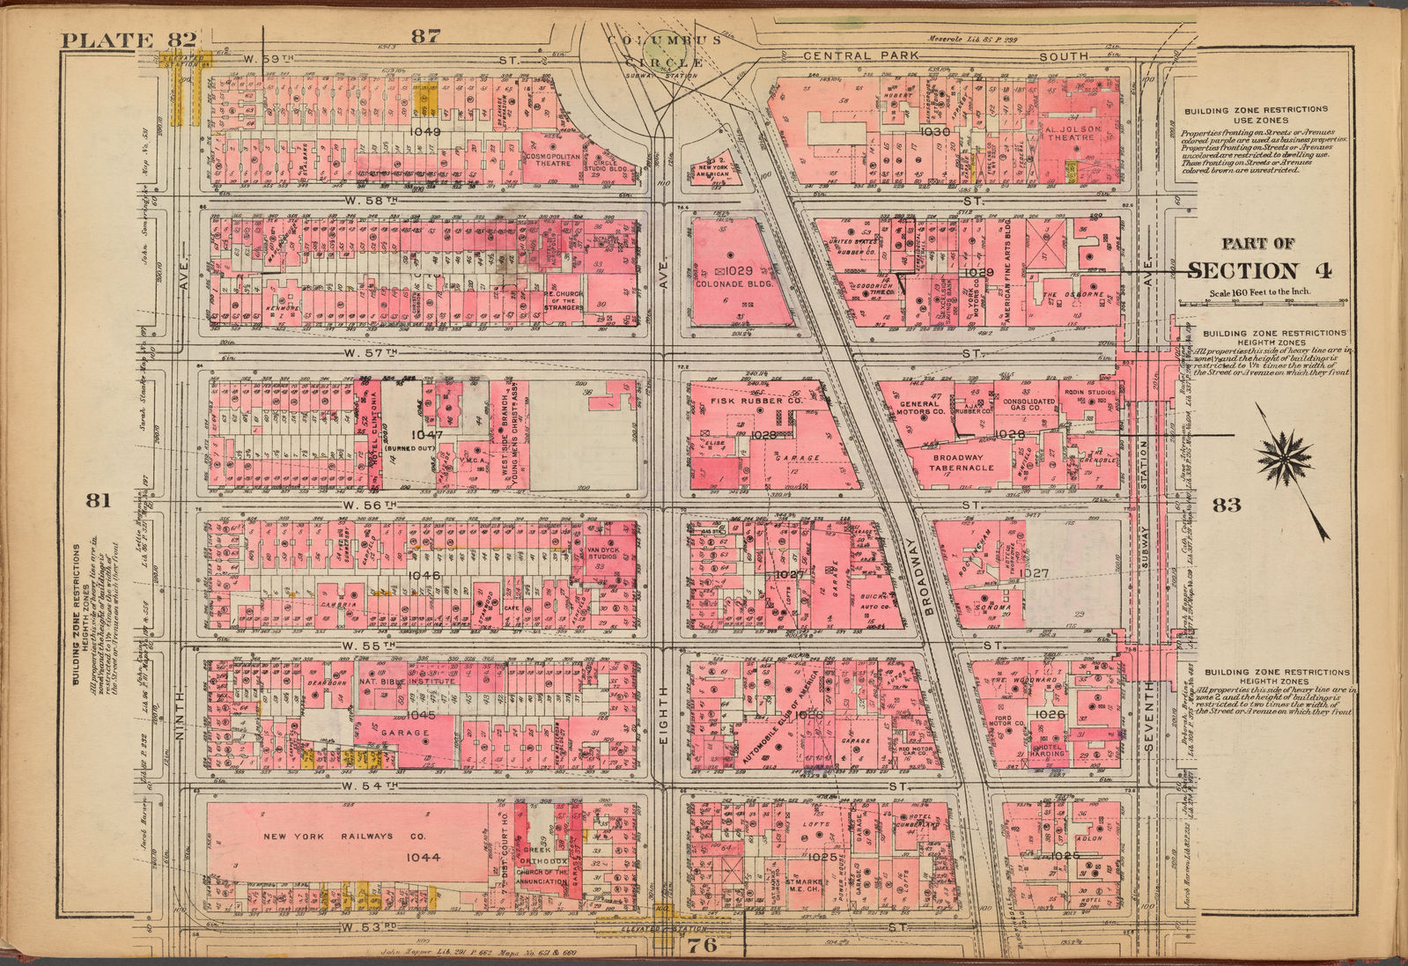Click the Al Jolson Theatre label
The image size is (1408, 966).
1073,133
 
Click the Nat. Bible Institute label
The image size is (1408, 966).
407,681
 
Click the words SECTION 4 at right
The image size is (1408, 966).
1258,270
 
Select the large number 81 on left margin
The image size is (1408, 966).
97,500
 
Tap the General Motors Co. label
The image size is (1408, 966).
921,407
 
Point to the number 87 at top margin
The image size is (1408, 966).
424,36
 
